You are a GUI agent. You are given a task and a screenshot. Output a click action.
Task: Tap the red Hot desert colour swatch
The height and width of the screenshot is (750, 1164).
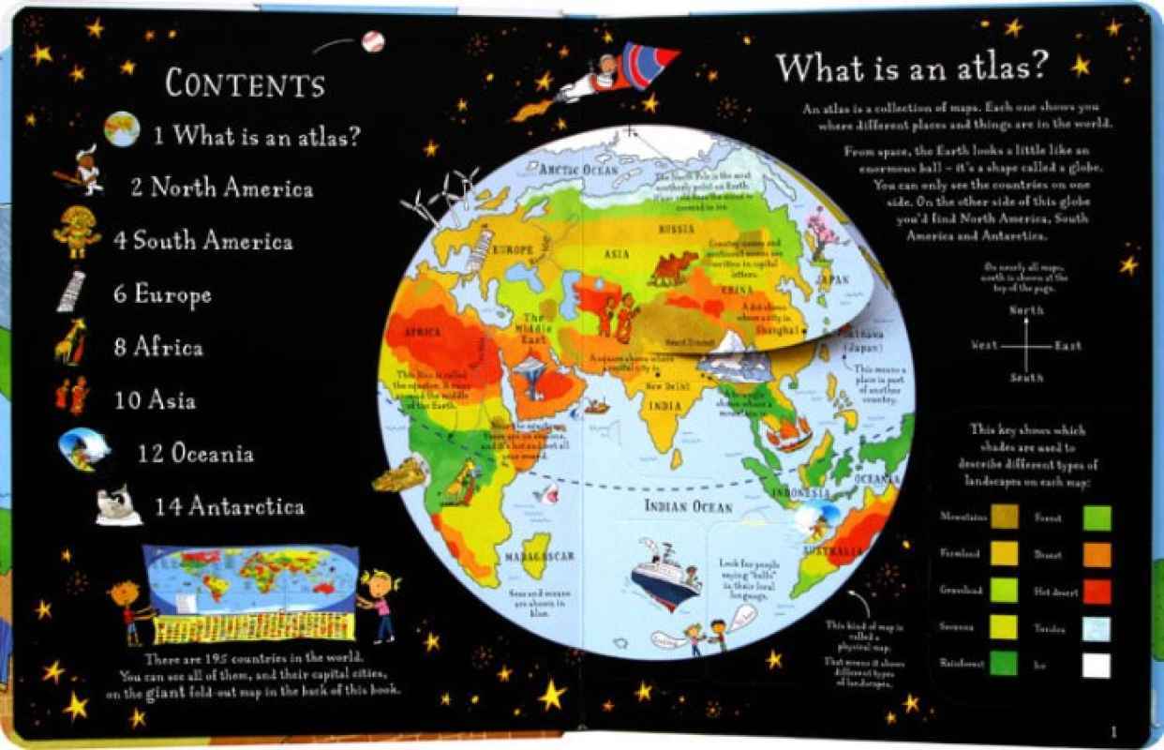(x=1096, y=591)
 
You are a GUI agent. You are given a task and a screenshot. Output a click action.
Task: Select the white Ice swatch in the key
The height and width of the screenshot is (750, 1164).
(x=1096, y=665)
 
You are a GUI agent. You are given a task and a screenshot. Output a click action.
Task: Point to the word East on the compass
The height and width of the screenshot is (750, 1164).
(x=1067, y=346)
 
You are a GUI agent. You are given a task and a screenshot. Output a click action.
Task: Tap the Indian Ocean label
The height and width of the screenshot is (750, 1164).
(x=688, y=507)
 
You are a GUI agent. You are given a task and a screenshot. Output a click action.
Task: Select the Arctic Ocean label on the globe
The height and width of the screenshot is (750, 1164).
(x=578, y=170)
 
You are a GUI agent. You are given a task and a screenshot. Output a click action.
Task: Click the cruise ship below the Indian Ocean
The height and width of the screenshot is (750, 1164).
(x=664, y=571)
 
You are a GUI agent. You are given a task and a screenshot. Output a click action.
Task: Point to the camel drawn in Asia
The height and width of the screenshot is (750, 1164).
(x=675, y=267)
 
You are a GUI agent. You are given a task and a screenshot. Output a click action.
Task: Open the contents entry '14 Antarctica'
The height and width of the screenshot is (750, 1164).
(x=230, y=507)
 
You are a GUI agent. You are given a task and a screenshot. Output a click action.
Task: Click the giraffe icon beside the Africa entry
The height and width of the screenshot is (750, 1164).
(x=71, y=342)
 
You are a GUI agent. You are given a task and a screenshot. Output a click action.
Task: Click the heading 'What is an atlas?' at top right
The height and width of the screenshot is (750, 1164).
(x=911, y=67)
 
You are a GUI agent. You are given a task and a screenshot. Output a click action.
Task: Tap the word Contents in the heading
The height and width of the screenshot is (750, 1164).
(x=245, y=83)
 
